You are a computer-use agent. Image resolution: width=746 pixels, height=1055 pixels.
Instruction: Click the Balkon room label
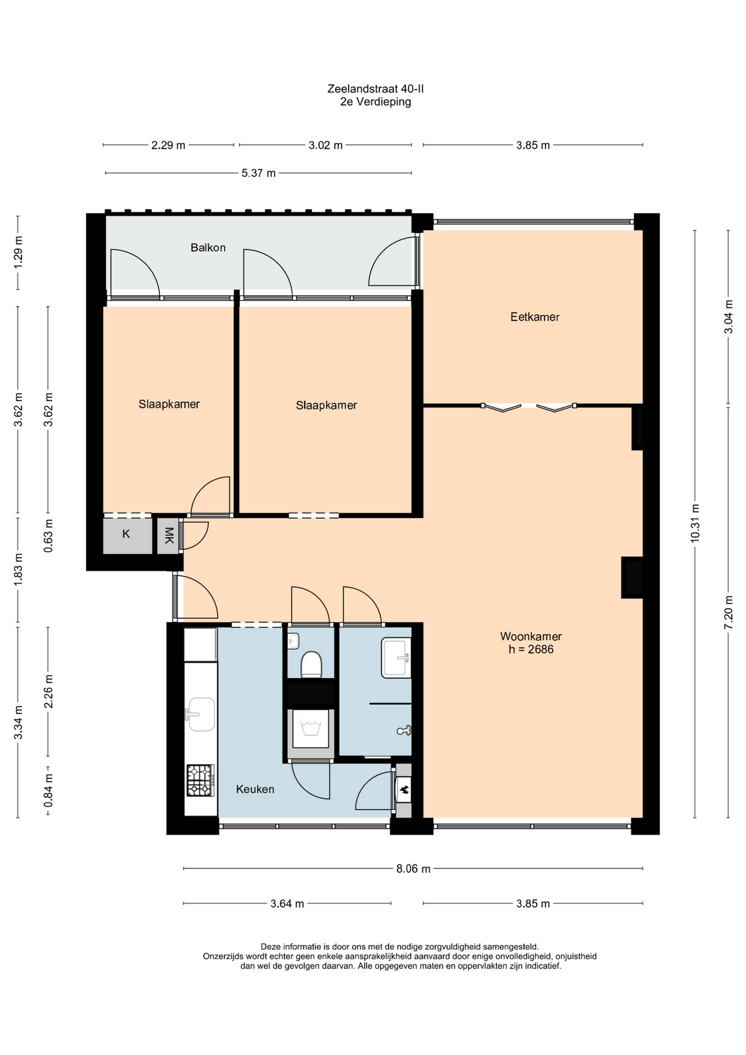tap(208, 248)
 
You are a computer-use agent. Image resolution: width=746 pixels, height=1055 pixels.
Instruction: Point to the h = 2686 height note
tap(531, 649)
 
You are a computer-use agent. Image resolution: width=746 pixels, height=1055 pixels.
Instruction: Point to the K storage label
tap(126, 534)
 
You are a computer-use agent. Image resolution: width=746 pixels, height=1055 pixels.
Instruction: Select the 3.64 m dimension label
tap(287, 904)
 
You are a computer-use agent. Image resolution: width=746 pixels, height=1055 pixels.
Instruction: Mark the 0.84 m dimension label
tap(48, 790)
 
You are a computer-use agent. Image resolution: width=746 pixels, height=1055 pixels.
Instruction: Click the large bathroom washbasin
tap(396, 658)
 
